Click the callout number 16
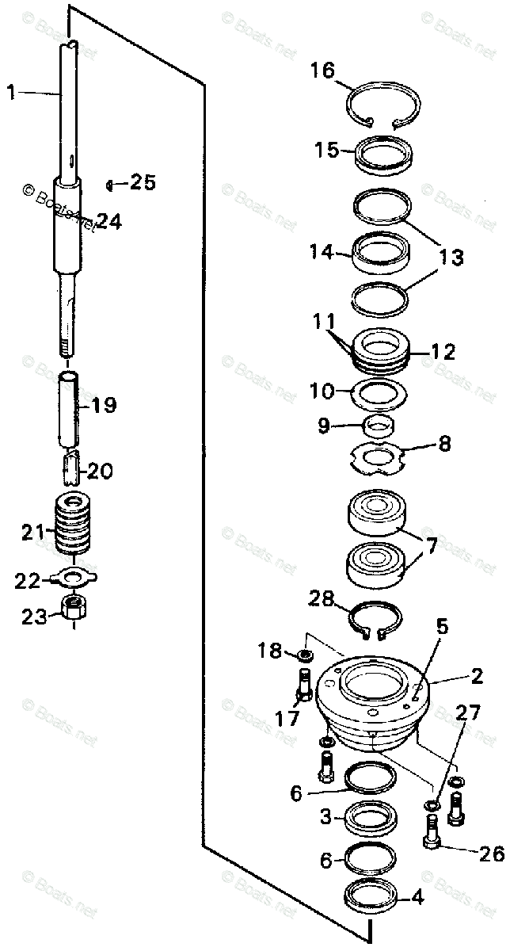click(x=323, y=71)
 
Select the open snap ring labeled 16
click(x=384, y=86)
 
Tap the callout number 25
click(x=143, y=183)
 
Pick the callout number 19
click(x=103, y=406)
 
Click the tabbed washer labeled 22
click(x=73, y=577)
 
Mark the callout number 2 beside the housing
click(x=477, y=676)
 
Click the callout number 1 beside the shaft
click(x=11, y=94)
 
